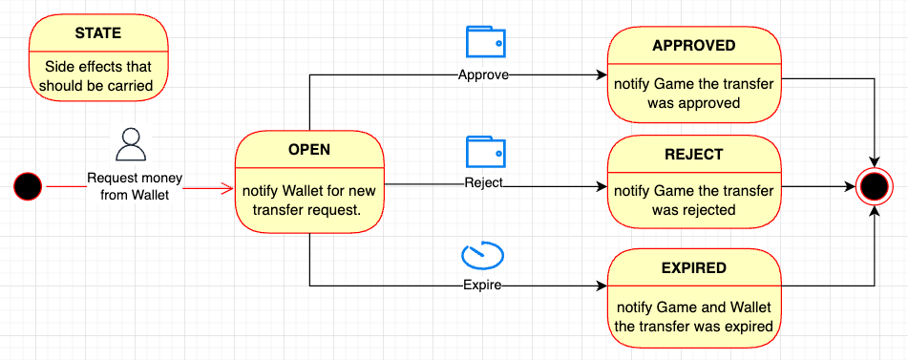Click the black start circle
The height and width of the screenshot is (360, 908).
coord(29,186)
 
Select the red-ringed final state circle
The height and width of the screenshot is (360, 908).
coord(874,186)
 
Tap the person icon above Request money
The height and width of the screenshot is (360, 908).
coord(129,144)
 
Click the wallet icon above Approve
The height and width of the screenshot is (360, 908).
coord(485,43)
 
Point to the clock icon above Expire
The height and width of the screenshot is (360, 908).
coord(482,256)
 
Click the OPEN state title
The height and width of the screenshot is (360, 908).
coord(309,150)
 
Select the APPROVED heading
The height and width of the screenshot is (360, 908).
coord(693,46)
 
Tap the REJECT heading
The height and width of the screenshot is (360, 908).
coord(693,154)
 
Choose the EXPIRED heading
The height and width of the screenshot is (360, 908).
coord(693,269)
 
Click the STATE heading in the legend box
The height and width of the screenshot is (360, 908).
coord(98,33)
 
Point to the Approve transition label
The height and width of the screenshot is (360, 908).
coord(483,74)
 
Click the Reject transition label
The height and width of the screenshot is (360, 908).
coord(483,182)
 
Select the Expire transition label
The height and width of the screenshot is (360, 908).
coord(483,285)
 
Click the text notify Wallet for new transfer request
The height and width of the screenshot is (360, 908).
coord(309,200)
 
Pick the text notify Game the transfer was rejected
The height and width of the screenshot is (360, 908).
coord(693,200)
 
